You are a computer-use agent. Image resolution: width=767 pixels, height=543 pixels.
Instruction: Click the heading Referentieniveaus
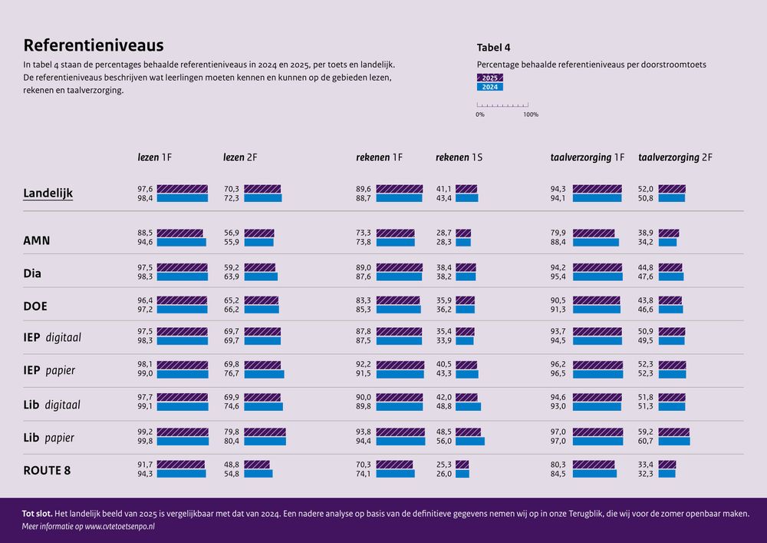coord(93,45)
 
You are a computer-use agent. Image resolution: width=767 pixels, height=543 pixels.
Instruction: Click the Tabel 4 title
coord(494,47)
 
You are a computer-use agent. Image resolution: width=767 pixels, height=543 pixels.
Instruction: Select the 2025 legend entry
coord(490,78)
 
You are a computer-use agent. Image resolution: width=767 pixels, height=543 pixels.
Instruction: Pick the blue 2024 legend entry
coord(490,87)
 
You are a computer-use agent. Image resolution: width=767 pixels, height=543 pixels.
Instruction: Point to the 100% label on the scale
coord(530,114)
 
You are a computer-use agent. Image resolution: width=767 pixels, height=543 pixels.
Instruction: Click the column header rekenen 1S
coord(459,157)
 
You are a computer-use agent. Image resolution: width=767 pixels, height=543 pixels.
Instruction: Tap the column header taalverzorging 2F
coord(675,157)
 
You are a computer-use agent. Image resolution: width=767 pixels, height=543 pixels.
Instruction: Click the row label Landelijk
coord(48,194)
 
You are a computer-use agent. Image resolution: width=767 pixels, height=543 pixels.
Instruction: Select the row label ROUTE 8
coord(47,470)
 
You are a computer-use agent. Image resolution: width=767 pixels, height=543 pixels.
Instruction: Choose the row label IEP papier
coord(49,370)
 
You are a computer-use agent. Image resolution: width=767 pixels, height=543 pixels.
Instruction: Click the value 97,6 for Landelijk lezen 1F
coord(145,189)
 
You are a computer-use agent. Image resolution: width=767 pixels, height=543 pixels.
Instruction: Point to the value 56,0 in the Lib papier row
coord(444,441)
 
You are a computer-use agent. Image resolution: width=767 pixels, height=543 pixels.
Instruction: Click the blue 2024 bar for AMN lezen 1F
coord(181,242)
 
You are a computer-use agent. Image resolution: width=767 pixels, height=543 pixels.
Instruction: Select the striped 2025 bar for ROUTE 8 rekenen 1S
coord(462,465)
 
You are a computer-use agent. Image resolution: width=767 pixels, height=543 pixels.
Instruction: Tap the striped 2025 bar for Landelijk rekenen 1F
coord(399,189)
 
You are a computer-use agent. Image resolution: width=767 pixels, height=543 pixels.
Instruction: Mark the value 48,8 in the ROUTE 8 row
coord(231,465)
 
